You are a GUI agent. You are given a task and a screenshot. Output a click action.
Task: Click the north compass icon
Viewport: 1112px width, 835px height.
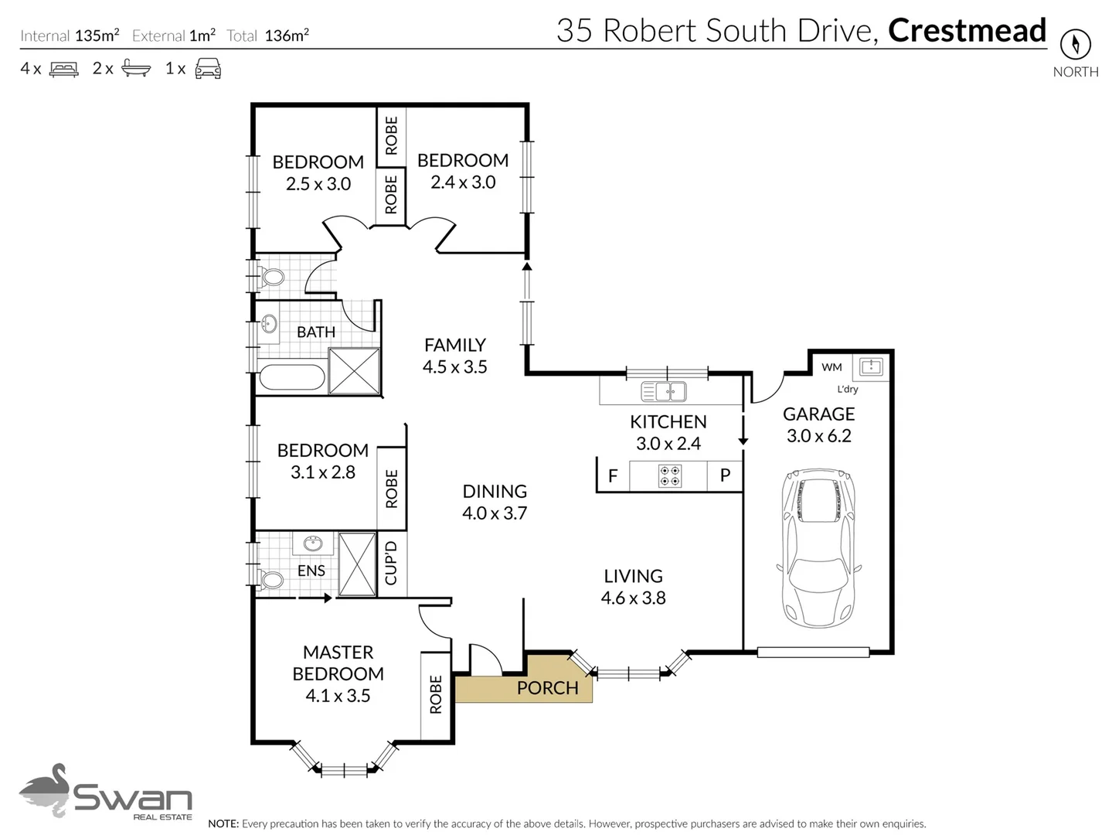(1074, 44)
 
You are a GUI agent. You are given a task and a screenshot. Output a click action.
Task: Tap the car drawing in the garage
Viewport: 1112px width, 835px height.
(818, 547)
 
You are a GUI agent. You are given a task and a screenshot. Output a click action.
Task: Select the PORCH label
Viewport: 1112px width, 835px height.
(547, 687)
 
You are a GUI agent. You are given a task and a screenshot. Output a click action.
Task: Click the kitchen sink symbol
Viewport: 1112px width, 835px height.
(664, 391)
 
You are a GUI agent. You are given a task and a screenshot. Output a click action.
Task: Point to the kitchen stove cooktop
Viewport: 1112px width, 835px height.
(669, 475)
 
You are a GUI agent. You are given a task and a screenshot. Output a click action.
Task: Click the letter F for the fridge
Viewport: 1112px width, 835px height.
(613, 475)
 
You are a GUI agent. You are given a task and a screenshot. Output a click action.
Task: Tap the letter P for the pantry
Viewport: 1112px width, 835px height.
(725, 475)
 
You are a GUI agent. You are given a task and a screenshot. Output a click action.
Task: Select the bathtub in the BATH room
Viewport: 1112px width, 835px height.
(292, 377)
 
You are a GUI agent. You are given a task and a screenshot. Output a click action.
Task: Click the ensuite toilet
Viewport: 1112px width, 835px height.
(271, 579)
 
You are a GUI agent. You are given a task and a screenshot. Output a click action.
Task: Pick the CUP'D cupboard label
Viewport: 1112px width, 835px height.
(391, 564)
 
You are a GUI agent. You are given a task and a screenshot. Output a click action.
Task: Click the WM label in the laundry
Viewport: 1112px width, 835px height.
(831, 367)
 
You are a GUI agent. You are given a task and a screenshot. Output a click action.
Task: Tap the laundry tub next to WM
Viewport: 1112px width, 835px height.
(871, 366)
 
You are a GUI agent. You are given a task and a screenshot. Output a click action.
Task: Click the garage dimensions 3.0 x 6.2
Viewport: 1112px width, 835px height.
(818, 436)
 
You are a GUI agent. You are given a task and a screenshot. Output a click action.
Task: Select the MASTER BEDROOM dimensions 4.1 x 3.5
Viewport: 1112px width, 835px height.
(338, 696)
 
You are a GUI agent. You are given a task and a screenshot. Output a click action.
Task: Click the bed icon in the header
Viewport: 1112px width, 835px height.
(63, 70)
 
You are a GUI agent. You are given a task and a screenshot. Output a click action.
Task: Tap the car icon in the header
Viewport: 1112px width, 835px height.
(208, 69)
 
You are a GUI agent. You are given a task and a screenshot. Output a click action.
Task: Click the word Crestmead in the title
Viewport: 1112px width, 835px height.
(967, 30)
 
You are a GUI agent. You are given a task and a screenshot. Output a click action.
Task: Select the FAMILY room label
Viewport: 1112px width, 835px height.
(454, 345)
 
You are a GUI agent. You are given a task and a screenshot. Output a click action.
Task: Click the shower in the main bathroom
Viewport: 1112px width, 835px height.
(354, 371)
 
